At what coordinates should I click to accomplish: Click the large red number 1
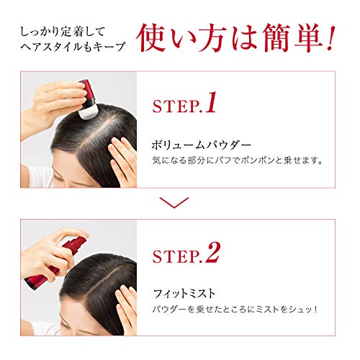[210, 103]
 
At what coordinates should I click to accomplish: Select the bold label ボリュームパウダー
[193, 143]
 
